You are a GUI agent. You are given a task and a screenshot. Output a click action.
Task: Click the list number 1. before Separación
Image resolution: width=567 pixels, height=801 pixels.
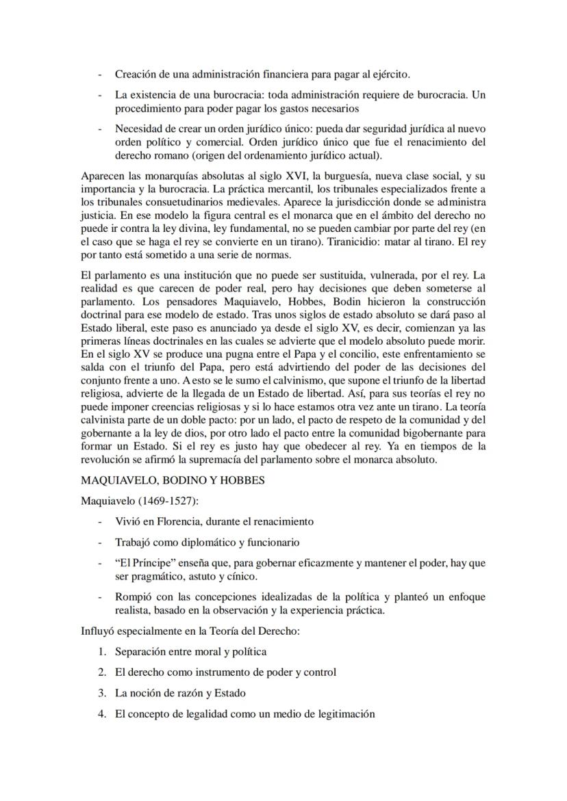point(101,652)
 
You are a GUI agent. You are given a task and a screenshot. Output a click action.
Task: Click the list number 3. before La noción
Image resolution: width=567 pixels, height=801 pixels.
point(101,693)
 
